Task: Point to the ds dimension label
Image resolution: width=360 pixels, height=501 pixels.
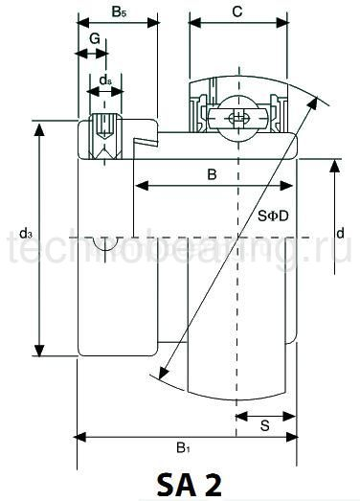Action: [x=105, y=80]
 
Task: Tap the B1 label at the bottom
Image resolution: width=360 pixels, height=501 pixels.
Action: [x=182, y=447]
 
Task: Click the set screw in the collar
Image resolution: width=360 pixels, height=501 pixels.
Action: [x=105, y=128]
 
